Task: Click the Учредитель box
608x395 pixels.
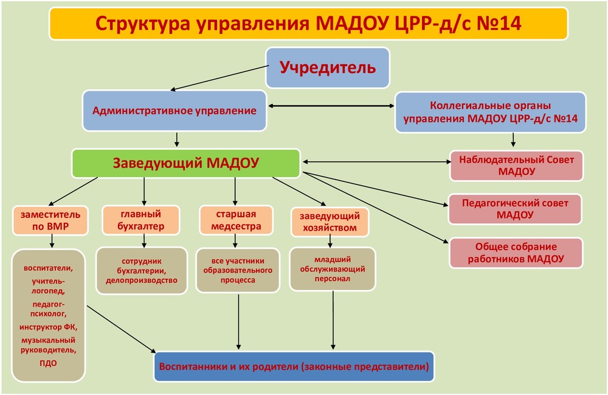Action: pyautogui.click(x=328, y=68)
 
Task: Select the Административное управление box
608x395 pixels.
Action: pyautogui.click(x=174, y=111)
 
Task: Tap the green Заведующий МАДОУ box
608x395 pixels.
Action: pyautogui.click(x=186, y=163)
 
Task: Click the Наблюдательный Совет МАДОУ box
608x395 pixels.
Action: pyautogui.click(x=516, y=166)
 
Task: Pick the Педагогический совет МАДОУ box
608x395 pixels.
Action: pyautogui.click(x=515, y=209)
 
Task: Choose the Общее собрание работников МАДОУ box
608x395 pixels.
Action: pyautogui.click(x=516, y=253)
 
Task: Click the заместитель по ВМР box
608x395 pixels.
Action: pyautogui.click(x=50, y=220)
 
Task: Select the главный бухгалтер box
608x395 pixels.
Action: pyautogui.click(x=141, y=220)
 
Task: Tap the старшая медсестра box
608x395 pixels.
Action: pyautogui.click(x=236, y=220)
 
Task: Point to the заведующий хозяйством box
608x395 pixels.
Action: pyautogui.click(x=330, y=222)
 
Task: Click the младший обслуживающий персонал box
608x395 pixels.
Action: pyautogui.click(x=333, y=269)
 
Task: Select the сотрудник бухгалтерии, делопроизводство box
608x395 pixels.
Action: pyautogui.click(x=142, y=271)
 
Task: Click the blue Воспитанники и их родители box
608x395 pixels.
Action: pyautogui.click(x=294, y=366)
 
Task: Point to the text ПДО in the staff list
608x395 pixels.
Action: pyautogui.click(x=48, y=363)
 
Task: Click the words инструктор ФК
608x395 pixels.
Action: pyautogui.click(x=49, y=327)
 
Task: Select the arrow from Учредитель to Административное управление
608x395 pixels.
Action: pyautogui.click(x=220, y=78)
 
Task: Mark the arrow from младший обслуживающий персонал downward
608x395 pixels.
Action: pyautogui.click(x=333, y=320)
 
